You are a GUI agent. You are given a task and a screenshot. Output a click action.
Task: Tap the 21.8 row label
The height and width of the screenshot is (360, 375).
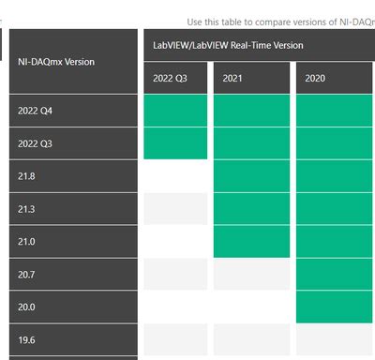(x=25, y=176)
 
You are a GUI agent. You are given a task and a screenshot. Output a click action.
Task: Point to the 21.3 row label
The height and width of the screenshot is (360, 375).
(x=25, y=209)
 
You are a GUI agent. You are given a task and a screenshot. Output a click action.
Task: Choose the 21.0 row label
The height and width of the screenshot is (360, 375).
(x=25, y=241)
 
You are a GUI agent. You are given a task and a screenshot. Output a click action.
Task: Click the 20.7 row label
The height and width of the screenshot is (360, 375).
(x=25, y=274)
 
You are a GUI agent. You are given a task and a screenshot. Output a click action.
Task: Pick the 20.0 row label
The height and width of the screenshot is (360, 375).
(x=25, y=307)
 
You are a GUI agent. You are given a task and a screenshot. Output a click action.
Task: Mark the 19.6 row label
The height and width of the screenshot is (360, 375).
(x=25, y=339)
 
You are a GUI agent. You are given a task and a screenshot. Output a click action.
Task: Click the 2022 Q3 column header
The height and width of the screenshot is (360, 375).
(x=171, y=78)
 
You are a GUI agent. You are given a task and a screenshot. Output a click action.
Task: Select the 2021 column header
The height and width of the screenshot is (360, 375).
(x=232, y=78)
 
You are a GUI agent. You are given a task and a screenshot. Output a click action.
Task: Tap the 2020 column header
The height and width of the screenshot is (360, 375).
(x=315, y=78)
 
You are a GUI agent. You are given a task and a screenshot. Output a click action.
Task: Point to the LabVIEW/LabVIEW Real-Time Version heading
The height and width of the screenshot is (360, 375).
(x=228, y=45)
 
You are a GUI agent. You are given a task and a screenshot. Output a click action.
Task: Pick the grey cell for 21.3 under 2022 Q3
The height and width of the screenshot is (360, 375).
(x=175, y=209)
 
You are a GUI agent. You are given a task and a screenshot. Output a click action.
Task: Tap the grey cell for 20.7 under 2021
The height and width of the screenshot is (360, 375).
(x=250, y=274)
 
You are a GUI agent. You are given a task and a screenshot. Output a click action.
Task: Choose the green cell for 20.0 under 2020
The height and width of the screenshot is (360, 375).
(x=335, y=307)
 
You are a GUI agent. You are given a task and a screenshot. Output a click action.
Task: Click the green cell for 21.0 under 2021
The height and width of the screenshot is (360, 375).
(x=250, y=241)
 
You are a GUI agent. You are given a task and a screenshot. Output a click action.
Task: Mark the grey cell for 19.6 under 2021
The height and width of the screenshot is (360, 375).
(x=250, y=339)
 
